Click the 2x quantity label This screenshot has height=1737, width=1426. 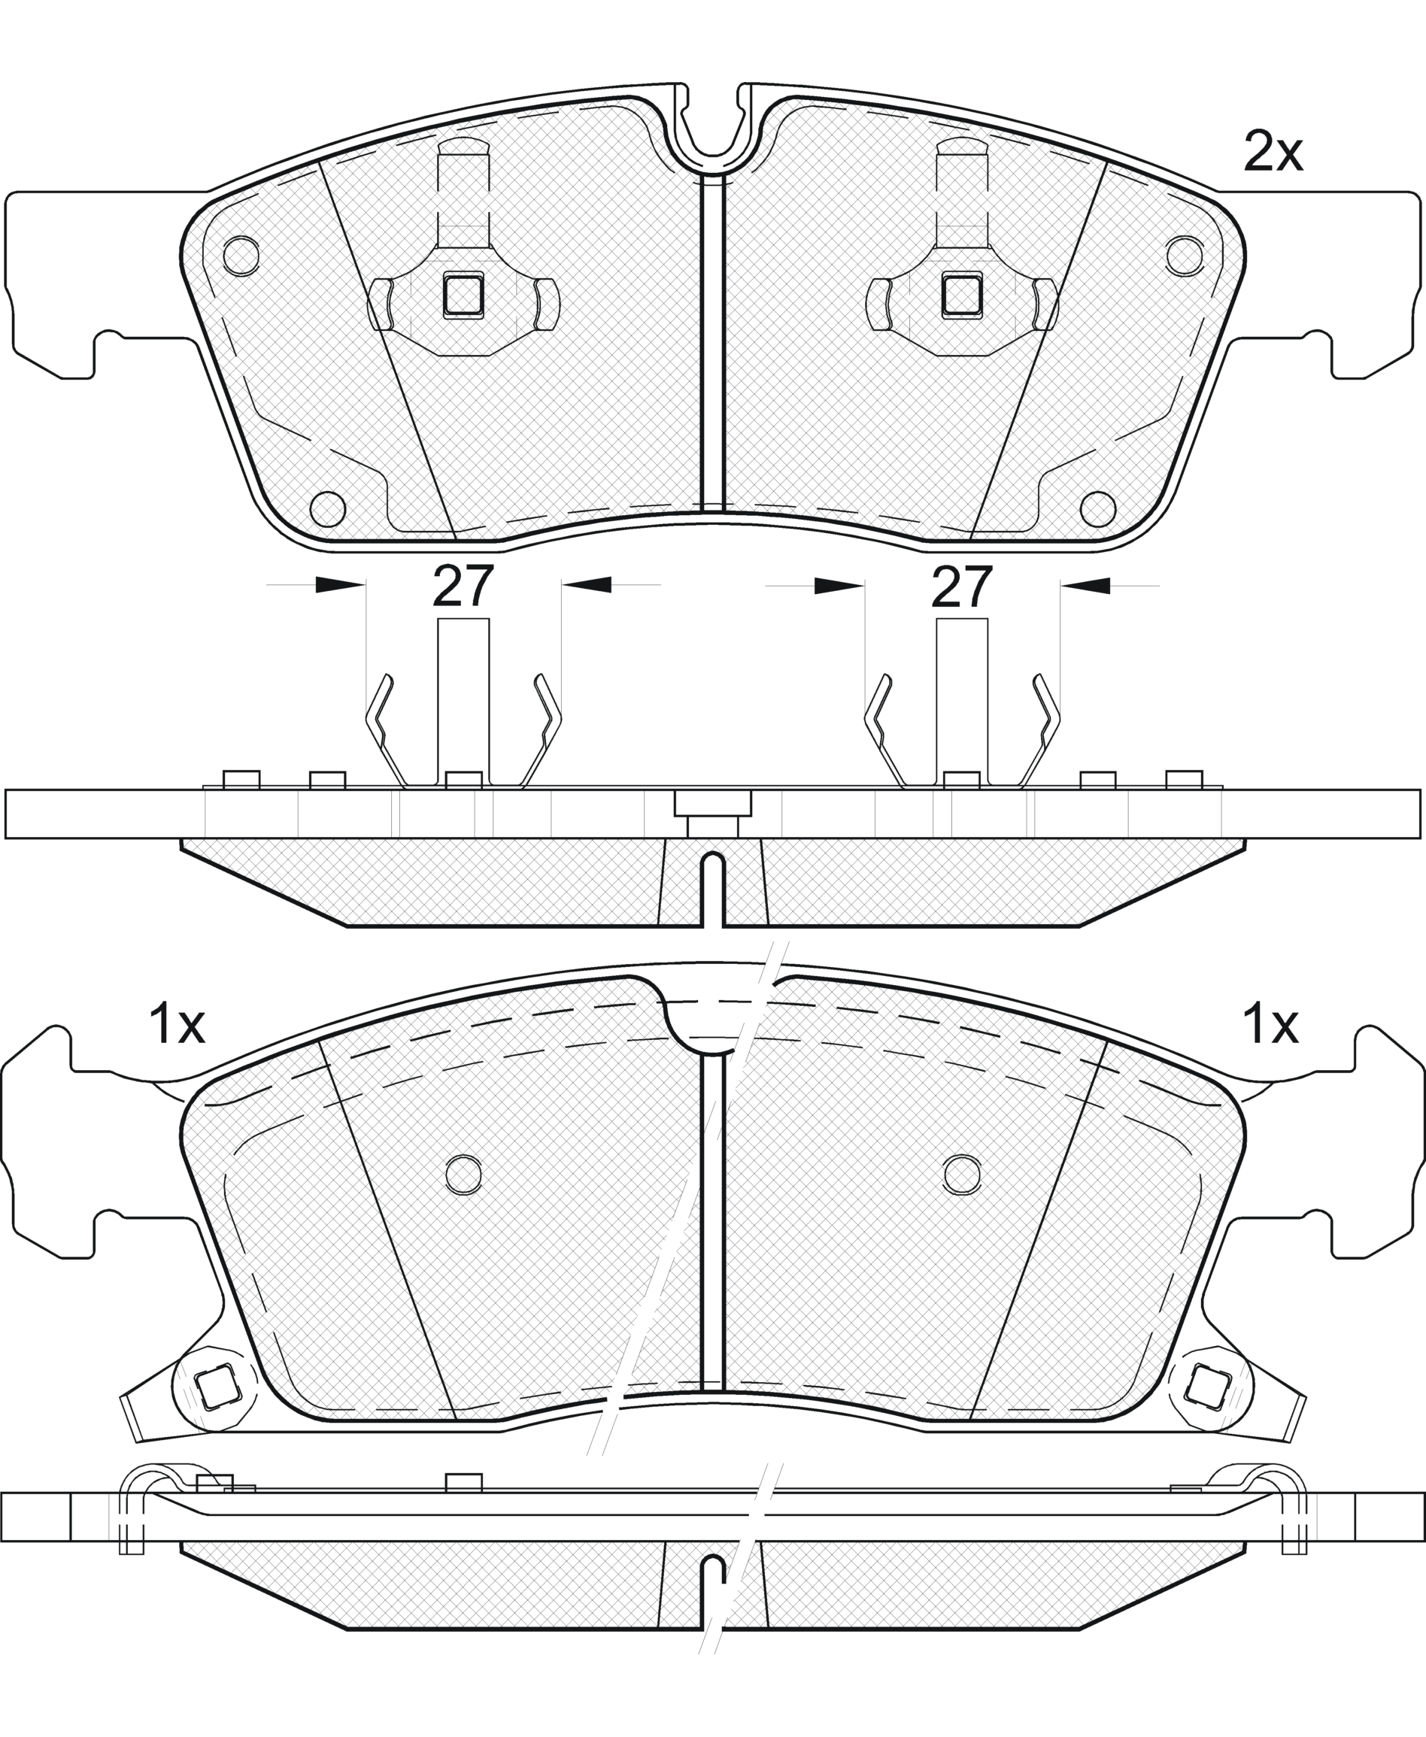(1273, 152)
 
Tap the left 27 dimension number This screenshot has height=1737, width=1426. (463, 587)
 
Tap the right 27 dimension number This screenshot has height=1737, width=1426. (962, 587)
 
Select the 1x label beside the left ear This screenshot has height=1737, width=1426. (176, 1024)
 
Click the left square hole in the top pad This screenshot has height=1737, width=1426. (463, 294)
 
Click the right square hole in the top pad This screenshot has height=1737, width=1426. (962, 294)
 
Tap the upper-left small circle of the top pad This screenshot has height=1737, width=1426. (241, 256)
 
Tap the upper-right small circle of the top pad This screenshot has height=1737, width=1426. (1185, 256)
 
